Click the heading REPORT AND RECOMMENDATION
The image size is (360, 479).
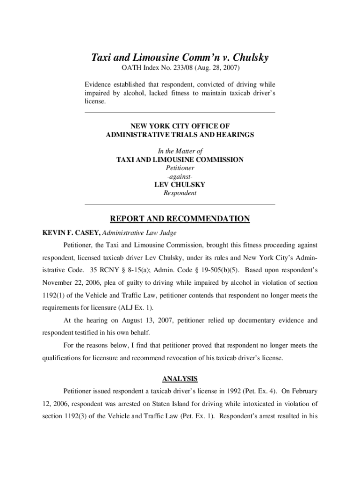coord(180,219)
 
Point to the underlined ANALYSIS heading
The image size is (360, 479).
coord(180,378)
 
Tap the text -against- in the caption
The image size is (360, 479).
coord(180,176)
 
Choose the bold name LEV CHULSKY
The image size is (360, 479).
coord(180,185)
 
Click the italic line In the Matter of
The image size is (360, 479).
coord(180,151)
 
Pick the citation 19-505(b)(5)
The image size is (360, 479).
coord(216,270)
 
